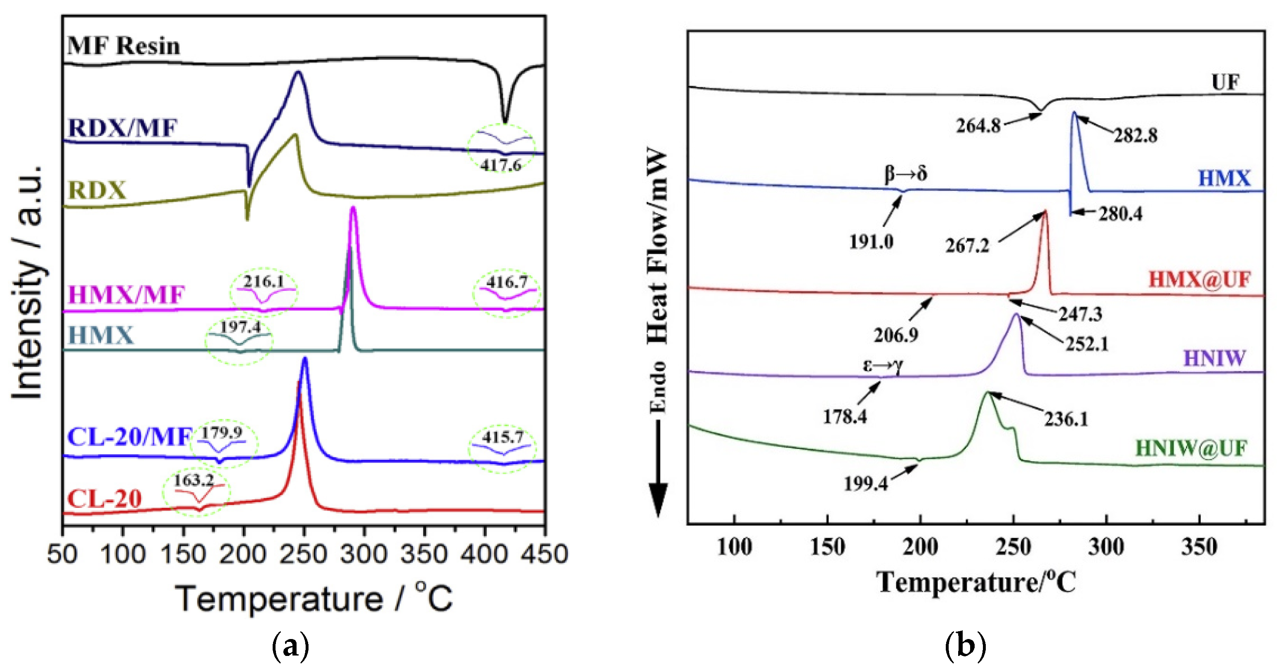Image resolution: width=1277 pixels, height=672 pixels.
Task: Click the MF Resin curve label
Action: [123, 46]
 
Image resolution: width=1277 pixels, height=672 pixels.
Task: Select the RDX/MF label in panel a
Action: [122, 128]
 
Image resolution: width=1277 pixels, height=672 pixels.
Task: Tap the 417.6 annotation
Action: [501, 165]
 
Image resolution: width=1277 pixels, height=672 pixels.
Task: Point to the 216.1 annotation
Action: [263, 282]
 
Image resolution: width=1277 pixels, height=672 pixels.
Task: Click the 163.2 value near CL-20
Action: [193, 480]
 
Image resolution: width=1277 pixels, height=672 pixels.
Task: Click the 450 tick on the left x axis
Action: [544, 554]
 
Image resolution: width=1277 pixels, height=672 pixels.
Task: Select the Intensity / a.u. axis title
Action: [27, 282]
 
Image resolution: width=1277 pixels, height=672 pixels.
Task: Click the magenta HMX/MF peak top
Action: [353, 209]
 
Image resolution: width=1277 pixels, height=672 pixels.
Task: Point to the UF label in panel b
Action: [1225, 82]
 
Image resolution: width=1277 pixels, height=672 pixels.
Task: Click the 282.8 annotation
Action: [1135, 135]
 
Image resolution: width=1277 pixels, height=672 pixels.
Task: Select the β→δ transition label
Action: [906, 174]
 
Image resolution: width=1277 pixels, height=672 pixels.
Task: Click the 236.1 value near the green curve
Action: [1066, 419]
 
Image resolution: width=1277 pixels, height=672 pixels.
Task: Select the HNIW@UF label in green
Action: [1191, 448]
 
